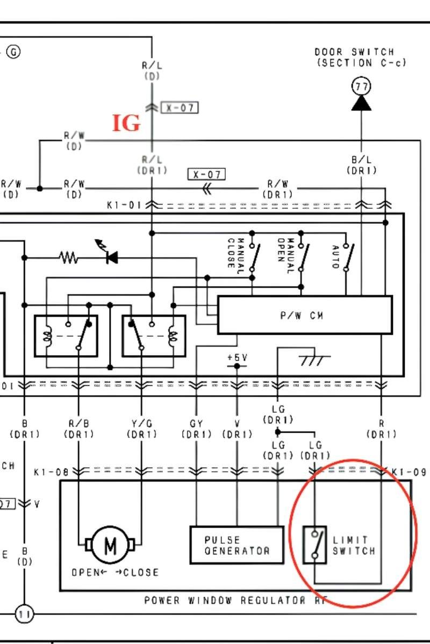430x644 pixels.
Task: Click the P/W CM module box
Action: [x=304, y=315]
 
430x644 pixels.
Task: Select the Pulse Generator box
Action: [x=236, y=545]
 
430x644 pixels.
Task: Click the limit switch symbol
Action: [x=314, y=545]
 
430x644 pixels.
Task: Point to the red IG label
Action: [x=126, y=123]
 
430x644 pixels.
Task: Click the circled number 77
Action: [x=361, y=86]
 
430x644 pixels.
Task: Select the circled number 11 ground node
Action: [x=23, y=613]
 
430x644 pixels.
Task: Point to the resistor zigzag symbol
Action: [x=69, y=259]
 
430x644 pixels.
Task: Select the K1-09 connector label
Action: [x=408, y=472]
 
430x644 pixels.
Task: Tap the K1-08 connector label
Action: [x=51, y=472]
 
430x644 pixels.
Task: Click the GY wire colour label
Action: [x=196, y=424]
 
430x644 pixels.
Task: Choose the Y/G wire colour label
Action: [x=141, y=424]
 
